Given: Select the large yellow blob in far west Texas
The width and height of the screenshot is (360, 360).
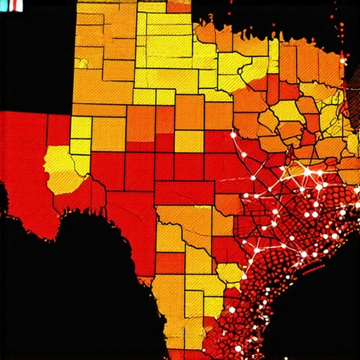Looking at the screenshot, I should click(65, 169).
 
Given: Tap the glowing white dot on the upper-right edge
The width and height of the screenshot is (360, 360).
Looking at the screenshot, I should click(344, 61).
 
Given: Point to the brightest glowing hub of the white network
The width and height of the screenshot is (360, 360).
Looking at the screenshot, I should click(307, 171).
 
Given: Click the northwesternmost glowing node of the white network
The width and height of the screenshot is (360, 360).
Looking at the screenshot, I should click(233, 133).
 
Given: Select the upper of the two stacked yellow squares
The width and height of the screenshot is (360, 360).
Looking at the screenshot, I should click(80, 127).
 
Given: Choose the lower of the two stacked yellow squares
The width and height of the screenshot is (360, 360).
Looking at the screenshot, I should click(79, 146).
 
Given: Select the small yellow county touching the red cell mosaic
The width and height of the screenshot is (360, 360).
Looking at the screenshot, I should click(229, 273).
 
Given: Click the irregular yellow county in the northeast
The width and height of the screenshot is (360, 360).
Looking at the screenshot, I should click(288, 111).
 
